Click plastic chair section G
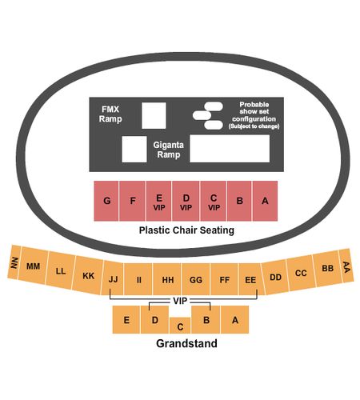pyautogui.click(x=106, y=201)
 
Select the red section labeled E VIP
pyautogui.click(x=158, y=201)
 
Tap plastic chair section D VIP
pyautogui.click(x=186, y=201)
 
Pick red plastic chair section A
pyautogui.click(x=265, y=201)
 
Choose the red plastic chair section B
pyautogui.click(x=239, y=201)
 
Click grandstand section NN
pyautogui.click(x=14, y=262)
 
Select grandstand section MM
pyautogui.click(x=33, y=266)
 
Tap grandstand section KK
pyautogui.click(x=88, y=275)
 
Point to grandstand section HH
pyautogui.click(x=167, y=279)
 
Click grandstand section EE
pyautogui.click(x=250, y=279)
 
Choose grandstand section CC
pyautogui.click(x=301, y=273)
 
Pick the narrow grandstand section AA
pyautogui.click(x=346, y=266)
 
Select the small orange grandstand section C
pyautogui.click(x=180, y=326)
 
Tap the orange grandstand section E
pyautogui.click(x=126, y=319)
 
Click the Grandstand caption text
pyautogui.click(x=186, y=343)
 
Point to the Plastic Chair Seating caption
pyautogui.click(x=186, y=230)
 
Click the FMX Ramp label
pyautogui.click(x=110, y=114)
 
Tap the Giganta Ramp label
pyautogui.click(x=168, y=150)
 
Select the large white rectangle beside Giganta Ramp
pyautogui.click(x=230, y=149)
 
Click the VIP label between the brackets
pyautogui.click(x=180, y=301)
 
